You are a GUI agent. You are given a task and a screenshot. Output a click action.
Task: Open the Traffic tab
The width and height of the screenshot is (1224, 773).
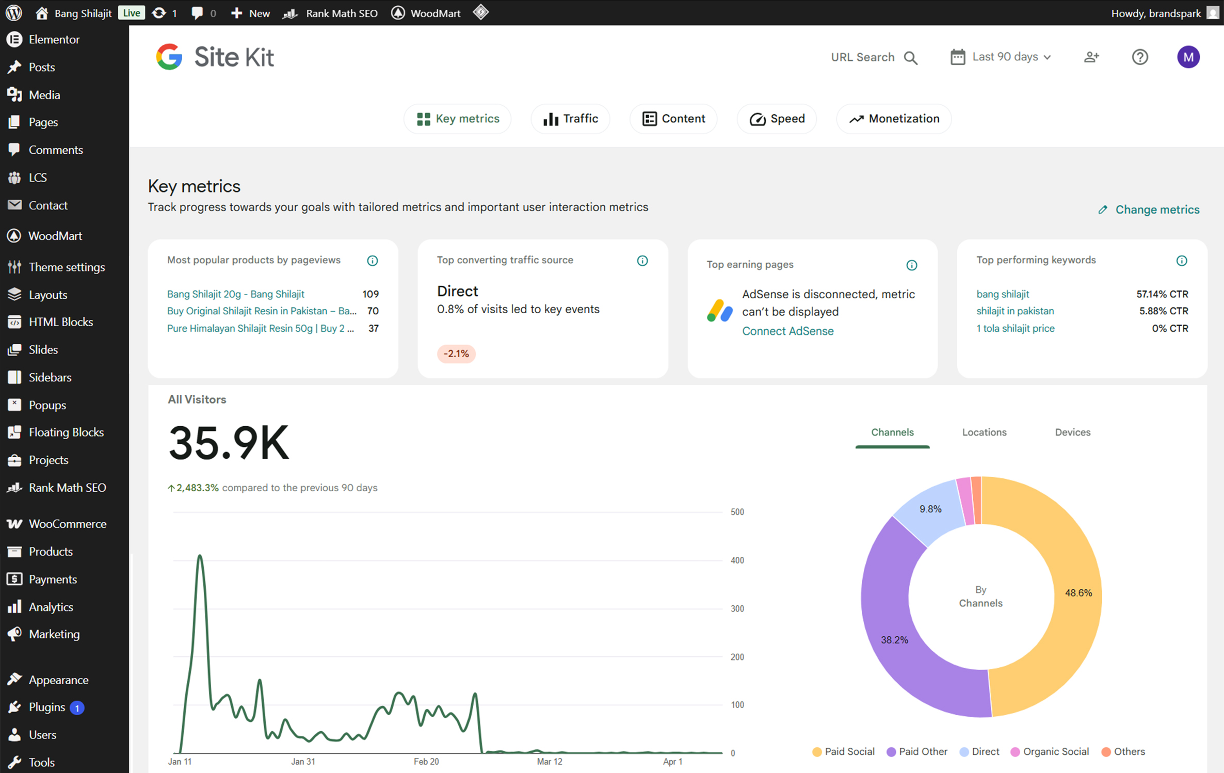[570, 119]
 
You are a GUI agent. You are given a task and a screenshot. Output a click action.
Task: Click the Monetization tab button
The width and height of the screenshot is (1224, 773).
[894, 119]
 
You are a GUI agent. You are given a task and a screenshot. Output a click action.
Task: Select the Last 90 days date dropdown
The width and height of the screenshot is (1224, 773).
[1001, 57]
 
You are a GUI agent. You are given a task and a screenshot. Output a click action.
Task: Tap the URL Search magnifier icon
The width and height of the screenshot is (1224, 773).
[911, 58]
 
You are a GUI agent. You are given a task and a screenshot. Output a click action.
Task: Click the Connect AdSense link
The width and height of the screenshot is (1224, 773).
[787, 331]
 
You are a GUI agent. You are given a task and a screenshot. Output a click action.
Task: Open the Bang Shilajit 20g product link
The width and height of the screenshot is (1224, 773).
[235, 294]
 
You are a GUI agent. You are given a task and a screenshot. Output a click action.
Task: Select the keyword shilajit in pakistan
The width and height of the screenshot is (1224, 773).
[1015, 311]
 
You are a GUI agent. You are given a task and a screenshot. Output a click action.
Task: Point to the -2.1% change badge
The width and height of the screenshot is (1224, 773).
[456, 353]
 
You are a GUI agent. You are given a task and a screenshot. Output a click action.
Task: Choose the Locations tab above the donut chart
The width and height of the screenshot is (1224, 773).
[984, 432]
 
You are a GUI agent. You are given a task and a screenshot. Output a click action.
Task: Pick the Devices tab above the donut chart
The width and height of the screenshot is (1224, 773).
[1072, 432]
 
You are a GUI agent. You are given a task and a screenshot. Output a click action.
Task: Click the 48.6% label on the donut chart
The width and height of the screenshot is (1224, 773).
[1078, 593]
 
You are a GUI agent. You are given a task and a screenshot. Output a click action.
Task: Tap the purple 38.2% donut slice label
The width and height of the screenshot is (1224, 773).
[894, 640]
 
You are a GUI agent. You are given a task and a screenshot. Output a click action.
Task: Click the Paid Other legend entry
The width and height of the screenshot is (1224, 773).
[917, 752]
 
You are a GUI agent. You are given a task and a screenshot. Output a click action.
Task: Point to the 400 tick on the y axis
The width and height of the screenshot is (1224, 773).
[737, 560]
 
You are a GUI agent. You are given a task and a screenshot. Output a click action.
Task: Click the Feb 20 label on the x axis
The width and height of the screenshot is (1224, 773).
[426, 762]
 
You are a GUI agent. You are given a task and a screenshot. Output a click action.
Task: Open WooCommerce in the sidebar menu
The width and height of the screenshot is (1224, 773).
[67, 524]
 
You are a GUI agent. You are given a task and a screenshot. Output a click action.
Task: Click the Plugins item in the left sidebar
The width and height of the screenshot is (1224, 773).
[46, 707]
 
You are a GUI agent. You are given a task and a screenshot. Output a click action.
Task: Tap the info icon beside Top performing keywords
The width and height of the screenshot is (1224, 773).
[1182, 261]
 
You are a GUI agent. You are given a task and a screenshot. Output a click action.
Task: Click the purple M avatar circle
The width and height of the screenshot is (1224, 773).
[1188, 57]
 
